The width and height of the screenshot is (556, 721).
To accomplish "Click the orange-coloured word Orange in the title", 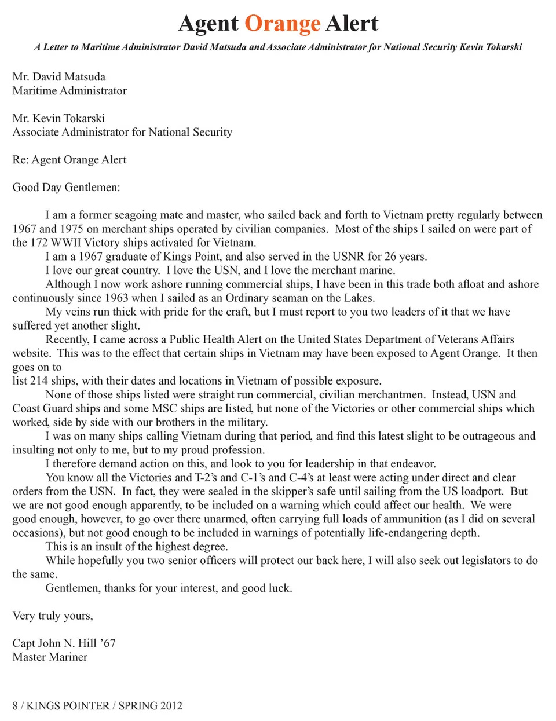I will pos(282,24).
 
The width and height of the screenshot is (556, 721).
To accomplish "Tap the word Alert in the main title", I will pos(352,24).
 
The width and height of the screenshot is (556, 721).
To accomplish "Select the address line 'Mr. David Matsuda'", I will pos(59,77).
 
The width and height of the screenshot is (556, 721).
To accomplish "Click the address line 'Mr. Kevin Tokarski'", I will pos(59,118).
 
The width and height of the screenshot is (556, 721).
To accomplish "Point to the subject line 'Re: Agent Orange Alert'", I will pos(69,160).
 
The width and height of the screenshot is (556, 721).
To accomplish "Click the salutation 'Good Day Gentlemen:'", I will pos(67,188).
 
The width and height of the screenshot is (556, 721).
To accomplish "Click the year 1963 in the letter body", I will pos(116,298).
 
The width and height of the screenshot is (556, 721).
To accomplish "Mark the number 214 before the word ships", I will pos(39,381).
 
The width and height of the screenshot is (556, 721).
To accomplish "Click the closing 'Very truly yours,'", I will pos(53,616).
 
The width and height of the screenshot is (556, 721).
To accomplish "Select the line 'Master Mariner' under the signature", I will pos(50,657).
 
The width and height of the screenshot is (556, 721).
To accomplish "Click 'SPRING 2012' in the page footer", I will pos(150,706).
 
